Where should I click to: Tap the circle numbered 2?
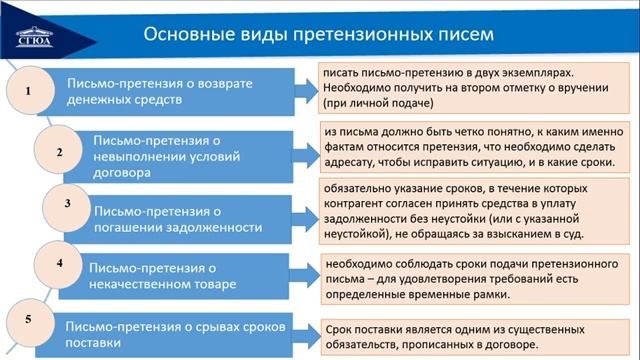click(59, 153)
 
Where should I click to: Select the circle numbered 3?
click(67, 203)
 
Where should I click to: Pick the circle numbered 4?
click(60, 263)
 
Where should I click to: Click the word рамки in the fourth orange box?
click(488, 296)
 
